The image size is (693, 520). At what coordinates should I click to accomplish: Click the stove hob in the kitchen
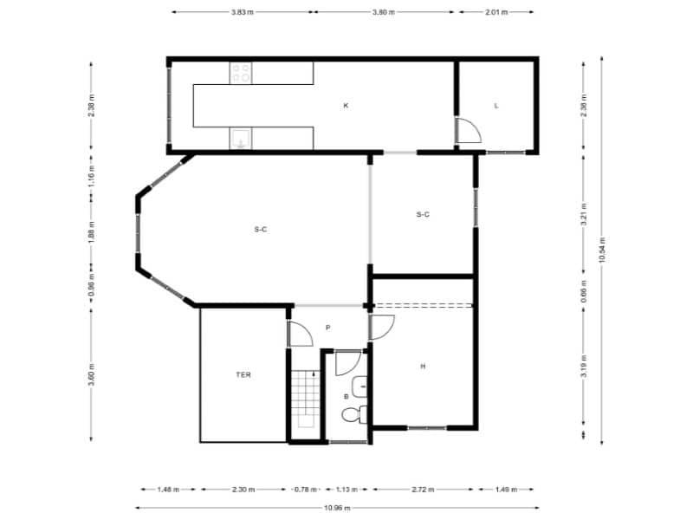(x=242, y=74)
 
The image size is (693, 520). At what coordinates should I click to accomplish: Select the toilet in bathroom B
(x=354, y=416)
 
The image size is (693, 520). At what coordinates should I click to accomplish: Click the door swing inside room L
(x=470, y=130)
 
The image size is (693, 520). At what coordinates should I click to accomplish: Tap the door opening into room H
(x=382, y=327)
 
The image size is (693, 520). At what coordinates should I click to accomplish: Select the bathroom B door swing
(x=347, y=363)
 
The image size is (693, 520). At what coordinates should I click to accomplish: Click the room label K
(x=346, y=106)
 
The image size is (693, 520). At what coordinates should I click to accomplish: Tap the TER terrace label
(x=243, y=375)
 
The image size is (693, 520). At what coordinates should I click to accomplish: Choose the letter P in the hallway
(x=327, y=328)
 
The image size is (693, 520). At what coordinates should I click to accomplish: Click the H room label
(x=423, y=367)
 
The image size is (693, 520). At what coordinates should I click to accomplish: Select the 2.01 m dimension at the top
(x=496, y=13)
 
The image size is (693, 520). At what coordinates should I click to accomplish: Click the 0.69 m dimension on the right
(x=584, y=292)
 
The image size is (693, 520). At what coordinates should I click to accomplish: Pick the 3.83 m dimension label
(x=242, y=13)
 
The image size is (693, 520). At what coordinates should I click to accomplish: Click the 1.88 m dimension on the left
(x=91, y=231)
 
